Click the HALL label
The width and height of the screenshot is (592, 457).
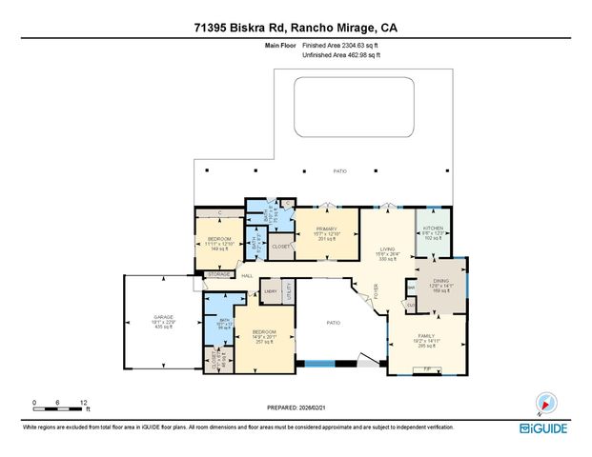point(245,276)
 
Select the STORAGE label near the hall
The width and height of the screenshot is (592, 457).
point(218,275)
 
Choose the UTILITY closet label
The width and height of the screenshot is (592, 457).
point(287,291)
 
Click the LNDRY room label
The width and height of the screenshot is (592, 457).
point(271,291)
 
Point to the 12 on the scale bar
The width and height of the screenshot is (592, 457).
point(84,402)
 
